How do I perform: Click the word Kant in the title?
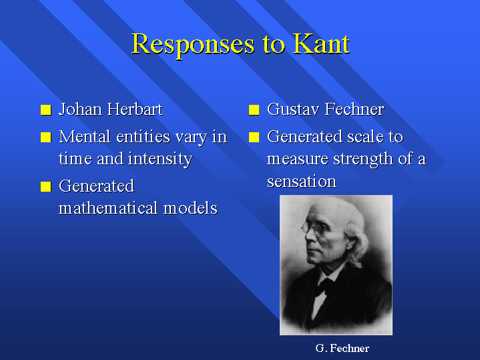pos(321,44)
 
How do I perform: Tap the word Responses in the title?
pos(193,45)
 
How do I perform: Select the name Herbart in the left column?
pos(135,109)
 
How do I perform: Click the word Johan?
pos(81,109)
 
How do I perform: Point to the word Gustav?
pos(294,109)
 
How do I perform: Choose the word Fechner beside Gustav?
pos(354,109)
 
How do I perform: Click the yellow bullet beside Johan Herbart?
pos(46,110)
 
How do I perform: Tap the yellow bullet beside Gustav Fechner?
pos(254,110)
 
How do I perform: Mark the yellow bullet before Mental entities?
pos(46,138)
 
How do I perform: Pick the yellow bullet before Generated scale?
pos(254,138)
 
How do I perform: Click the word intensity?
pos(160,160)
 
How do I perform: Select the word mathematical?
pos(108,208)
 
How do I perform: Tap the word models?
pos(190,208)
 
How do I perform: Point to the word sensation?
pos(302,181)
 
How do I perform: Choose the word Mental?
pos(85,137)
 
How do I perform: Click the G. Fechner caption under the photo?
pos(342,348)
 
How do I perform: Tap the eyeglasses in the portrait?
pos(314,228)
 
